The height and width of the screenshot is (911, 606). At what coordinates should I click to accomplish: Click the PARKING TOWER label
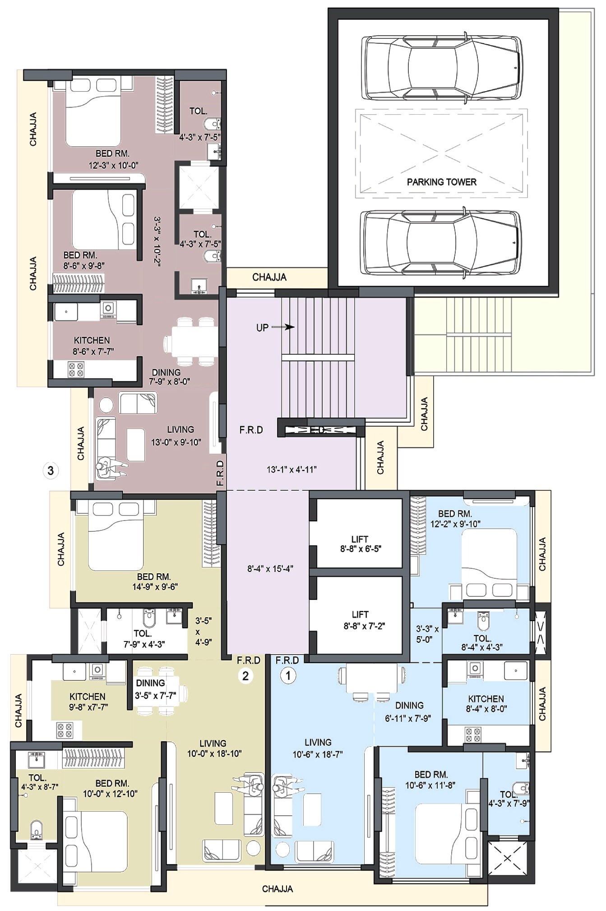click(x=441, y=182)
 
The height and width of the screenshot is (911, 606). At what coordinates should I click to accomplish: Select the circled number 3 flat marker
click(x=51, y=470)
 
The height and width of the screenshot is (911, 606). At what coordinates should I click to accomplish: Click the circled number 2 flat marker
click(x=245, y=676)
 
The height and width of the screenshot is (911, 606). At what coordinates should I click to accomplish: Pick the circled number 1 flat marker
click(x=287, y=676)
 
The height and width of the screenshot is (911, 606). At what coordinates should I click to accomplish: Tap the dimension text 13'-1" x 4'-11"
click(x=291, y=469)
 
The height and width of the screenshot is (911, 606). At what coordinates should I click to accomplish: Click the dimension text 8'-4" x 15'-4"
click(x=270, y=569)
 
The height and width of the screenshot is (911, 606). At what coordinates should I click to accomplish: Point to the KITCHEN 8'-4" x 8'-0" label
click(x=486, y=703)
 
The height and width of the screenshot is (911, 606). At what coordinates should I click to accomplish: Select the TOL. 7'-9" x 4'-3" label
click(x=143, y=639)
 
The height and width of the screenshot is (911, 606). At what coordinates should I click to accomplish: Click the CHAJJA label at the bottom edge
click(x=278, y=889)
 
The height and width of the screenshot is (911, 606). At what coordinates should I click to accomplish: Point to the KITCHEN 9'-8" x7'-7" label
click(x=88, y=702)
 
